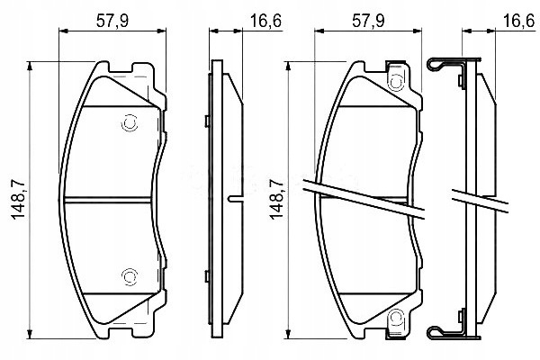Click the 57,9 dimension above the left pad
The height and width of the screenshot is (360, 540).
click(112, 21)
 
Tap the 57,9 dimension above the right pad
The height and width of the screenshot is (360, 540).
click(368, 21)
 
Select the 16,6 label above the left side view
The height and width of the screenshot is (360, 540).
click(265, 21)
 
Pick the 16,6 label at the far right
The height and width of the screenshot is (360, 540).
click(521, 21)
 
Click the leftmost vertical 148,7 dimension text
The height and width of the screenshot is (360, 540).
click(18, 200)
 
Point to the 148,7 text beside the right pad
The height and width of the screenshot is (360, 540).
click(276, 200)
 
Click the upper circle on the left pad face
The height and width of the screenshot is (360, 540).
click(130, 123)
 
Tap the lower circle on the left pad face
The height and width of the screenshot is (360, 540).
click(130, 276)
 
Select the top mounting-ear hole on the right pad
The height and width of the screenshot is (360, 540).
click(396, 82)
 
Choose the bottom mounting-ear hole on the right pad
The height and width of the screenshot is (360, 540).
click(396, 318)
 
